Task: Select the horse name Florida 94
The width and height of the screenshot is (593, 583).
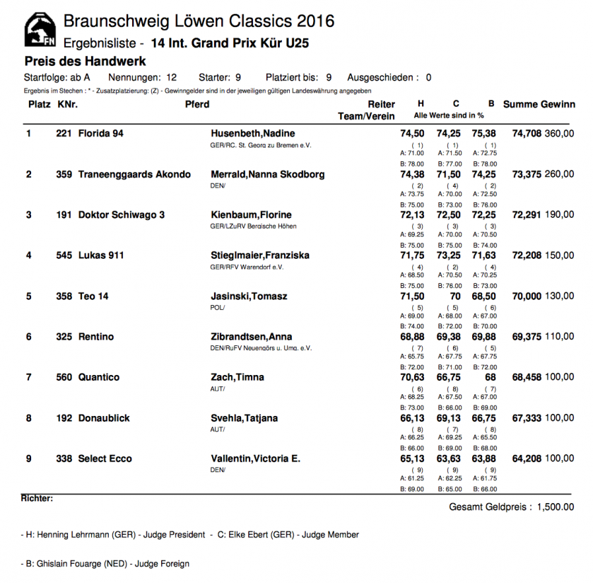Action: pos(101,134)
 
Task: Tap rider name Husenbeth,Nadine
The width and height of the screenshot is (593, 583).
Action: pos(253,134)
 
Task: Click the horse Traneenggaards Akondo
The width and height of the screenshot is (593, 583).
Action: pos(134,174)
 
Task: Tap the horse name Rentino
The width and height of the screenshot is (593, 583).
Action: pos(96,337)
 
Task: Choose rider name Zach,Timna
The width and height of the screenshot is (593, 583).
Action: pos(236,377)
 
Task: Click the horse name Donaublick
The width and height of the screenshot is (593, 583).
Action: pos(104,418)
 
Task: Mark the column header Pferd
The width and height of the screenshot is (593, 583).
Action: pos(197,105)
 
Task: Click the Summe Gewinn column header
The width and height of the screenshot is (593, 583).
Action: pos(539,105)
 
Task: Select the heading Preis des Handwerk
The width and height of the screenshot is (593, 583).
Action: pos(85,61)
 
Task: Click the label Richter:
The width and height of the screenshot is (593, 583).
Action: pos(37,498)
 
